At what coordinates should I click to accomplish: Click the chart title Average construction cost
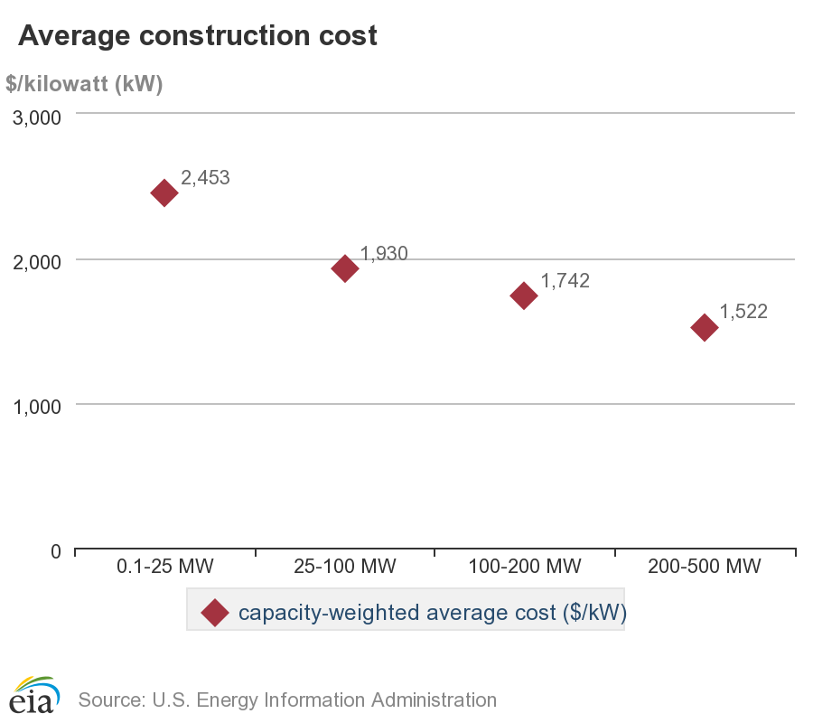pos(197,35)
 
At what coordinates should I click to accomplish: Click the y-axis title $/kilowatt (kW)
pos(84,84)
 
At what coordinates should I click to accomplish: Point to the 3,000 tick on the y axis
pos(36,118)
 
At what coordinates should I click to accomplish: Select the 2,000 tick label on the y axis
pos(36,262)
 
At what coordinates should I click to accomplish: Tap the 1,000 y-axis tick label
pos(36,407)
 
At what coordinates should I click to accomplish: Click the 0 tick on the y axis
pos(55,551)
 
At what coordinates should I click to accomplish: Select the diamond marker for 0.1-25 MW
pos(164,192)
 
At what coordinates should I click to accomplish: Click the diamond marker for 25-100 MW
pos(344,268)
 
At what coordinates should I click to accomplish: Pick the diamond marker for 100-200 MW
pos(524,295)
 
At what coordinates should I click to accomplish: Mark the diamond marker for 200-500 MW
pos(704,327)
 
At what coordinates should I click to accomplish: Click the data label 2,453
pos(205,178)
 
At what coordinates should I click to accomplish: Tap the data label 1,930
pos(384,253)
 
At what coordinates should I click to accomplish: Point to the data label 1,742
pos(565,281)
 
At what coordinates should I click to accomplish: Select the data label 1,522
pos(743,312)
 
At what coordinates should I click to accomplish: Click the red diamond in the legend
pos(214,613)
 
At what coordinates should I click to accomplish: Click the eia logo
pos(34,694)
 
